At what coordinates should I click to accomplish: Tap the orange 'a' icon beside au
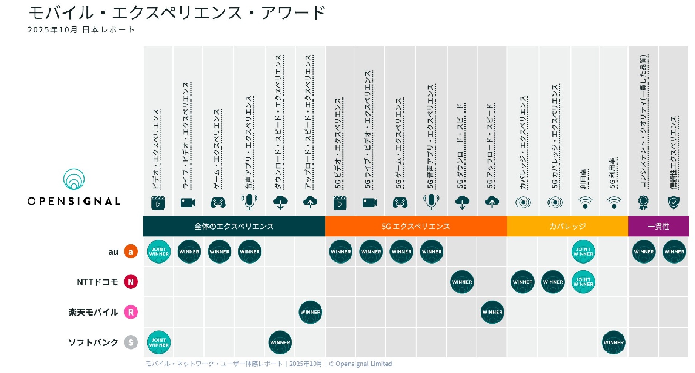click(x=131, y=252)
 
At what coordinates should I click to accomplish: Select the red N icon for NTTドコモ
click(x=131, y=282)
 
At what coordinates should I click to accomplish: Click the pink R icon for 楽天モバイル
click(x=131, y=312)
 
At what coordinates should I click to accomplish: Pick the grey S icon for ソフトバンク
click(x=131, y=342)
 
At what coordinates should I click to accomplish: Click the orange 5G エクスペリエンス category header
click(x=416, y=226)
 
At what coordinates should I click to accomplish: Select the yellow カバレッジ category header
click(x=567, y=226)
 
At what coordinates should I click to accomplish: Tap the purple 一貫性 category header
click(x=658, y=226)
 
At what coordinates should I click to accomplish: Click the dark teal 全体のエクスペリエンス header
click(x=234, y=226)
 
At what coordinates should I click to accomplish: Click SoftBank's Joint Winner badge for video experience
click(x=159, y=342)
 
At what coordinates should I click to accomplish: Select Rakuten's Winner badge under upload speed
click(x=310, y=312)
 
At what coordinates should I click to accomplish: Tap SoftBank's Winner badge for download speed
click(x=280, y=342)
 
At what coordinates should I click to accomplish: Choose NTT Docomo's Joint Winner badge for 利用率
click(x=583, y=282)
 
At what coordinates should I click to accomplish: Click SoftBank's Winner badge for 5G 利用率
click(x=614, y=342)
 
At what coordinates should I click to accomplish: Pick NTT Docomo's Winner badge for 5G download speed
click(x=462, y=282)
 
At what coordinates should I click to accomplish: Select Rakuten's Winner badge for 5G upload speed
click(x=492, y=312)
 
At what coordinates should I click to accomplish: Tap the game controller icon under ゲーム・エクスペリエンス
click(x=218, y=203)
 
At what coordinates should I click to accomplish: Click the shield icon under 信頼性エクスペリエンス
click(x=673, y=203)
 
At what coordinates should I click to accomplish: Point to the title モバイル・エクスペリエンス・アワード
click(x=177, y=13)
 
